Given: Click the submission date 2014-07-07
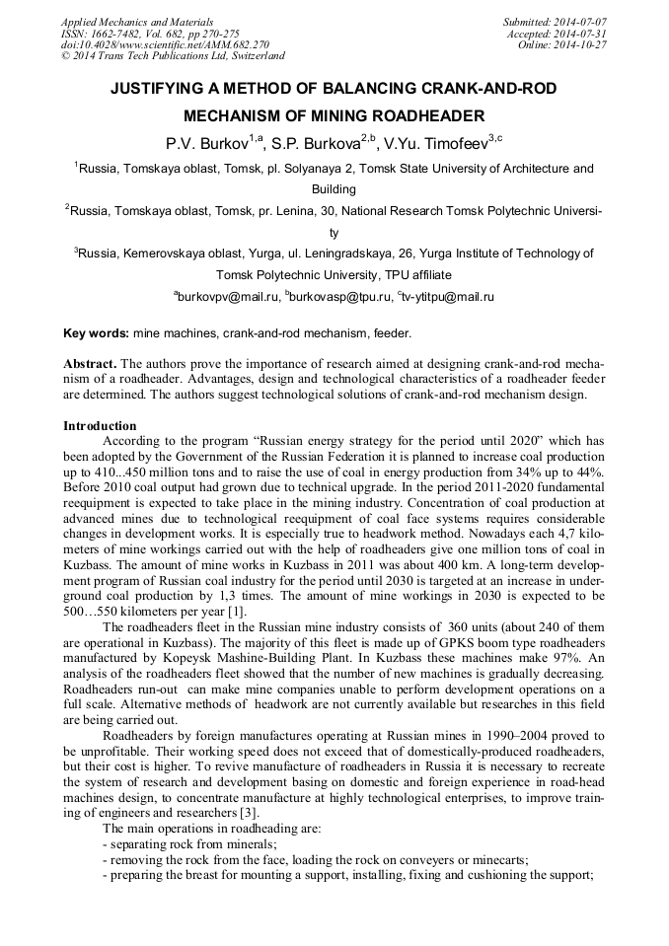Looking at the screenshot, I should point(578,22).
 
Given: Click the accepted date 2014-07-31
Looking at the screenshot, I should point(578,34).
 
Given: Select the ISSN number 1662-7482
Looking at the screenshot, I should point(117,34).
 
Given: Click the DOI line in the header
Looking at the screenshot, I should point(165,44).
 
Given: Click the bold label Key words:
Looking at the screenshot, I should point(96,334).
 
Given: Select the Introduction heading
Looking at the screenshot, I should point(100,426).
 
